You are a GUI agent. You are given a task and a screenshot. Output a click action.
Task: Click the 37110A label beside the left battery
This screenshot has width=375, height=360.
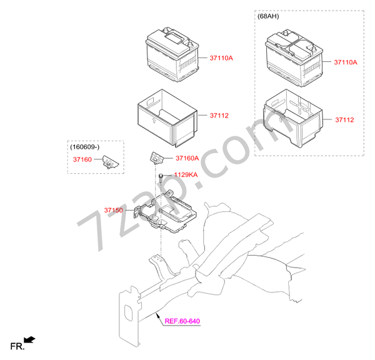[221, 58]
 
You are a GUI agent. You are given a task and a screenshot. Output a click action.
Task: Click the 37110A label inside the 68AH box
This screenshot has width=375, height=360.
[346, 62]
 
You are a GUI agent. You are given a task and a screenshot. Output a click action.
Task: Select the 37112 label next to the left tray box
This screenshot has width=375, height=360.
[219, 116]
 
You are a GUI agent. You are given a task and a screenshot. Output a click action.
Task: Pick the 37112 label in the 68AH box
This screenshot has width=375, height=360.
[344, 120]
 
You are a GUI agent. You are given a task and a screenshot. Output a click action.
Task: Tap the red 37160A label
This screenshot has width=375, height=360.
[187, 158]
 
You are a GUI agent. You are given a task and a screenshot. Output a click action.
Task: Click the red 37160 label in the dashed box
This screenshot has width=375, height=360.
[82, 159]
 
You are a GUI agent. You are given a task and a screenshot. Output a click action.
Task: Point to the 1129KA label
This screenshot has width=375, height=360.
[186, 175]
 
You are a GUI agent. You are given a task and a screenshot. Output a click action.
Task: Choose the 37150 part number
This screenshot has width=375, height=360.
[113, 210]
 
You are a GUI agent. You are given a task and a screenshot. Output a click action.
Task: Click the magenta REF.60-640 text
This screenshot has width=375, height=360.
[182, 321]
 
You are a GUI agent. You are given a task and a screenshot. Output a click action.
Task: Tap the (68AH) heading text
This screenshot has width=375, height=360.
[268, 16]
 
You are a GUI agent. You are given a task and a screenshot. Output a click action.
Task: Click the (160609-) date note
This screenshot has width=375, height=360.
[84, 147]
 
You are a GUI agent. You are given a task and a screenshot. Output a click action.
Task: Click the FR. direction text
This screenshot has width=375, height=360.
[17, 346]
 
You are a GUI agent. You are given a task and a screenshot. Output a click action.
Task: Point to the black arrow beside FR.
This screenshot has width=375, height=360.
[29, 339]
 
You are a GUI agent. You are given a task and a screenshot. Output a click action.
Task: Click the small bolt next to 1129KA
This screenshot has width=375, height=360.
[161, 177]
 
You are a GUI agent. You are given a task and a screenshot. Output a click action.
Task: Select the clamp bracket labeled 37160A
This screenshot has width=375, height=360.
[156, 158]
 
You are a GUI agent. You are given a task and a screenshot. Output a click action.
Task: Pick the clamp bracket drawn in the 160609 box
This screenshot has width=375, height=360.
[110, 162]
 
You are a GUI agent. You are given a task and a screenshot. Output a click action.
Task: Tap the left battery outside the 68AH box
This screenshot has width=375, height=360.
[172, 54]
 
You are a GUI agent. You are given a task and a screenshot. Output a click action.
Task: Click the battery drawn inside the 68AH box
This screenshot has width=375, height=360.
[294, 58]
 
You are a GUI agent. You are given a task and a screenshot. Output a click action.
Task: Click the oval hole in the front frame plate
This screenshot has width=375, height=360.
[129, 312]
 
